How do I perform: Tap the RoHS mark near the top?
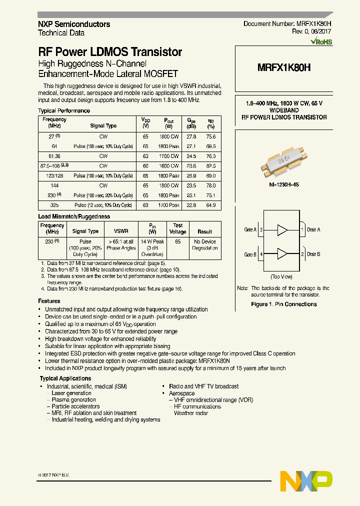click(x=321, y=42)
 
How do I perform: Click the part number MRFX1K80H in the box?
click(x=283, y=68)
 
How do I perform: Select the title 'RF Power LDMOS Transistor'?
click(x=110, y=52)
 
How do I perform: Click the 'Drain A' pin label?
click(x=313, y=229)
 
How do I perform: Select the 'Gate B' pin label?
click(x=250, y=254)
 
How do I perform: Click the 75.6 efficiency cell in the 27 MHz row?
click(x=210, y=136)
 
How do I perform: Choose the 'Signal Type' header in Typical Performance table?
click(x=103, y=126)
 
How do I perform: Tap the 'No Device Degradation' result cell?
click(x=205, y=244)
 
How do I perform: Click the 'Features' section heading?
click(x=49, y=301)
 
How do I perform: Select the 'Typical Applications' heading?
click(x=65, y=378)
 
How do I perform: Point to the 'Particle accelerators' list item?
click(x=75, y=406)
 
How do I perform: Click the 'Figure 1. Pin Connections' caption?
click(x=283, y=304)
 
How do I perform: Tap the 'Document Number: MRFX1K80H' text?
click(x=287, y=24)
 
